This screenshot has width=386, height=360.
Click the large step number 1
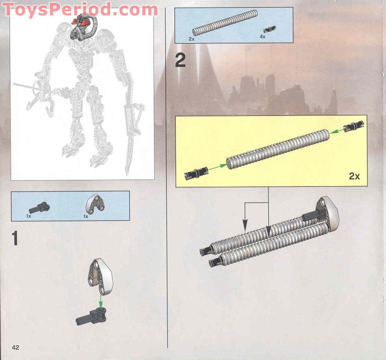click(15, 239)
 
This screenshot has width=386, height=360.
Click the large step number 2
click(180, 61)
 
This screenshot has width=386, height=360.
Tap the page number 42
click(16, 348)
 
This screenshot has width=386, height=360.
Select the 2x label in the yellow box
click(354, 176)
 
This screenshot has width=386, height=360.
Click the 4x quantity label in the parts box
click(263, 36)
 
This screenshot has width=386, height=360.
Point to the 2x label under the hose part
click(191, 39)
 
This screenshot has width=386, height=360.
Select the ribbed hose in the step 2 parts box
click(225, 23)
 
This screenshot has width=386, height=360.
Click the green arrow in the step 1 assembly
click(101, 301)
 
